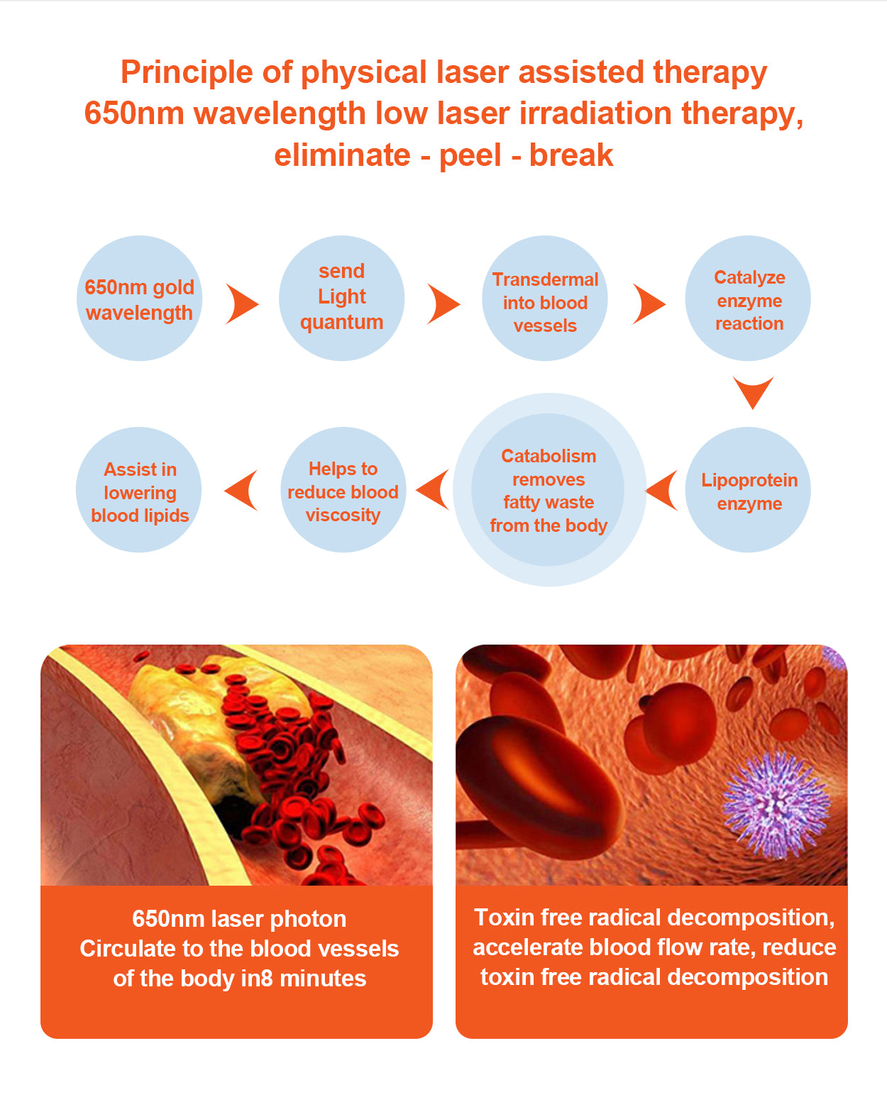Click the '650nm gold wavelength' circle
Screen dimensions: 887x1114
[139, 298]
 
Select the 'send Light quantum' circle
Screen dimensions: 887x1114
[342, 298]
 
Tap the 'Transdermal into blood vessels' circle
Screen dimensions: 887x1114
[545, 298]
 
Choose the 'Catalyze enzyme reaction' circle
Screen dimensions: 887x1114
[748, 298]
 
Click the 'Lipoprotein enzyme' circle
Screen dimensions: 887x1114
[748, 490]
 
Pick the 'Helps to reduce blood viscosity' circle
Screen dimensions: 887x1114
[343, 490]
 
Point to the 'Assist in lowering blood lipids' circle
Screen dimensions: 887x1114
[139, 490]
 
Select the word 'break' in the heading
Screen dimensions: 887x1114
[571, 155]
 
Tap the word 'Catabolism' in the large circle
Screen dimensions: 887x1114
[549, 455]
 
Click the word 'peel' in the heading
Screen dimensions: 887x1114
[470, 156]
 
